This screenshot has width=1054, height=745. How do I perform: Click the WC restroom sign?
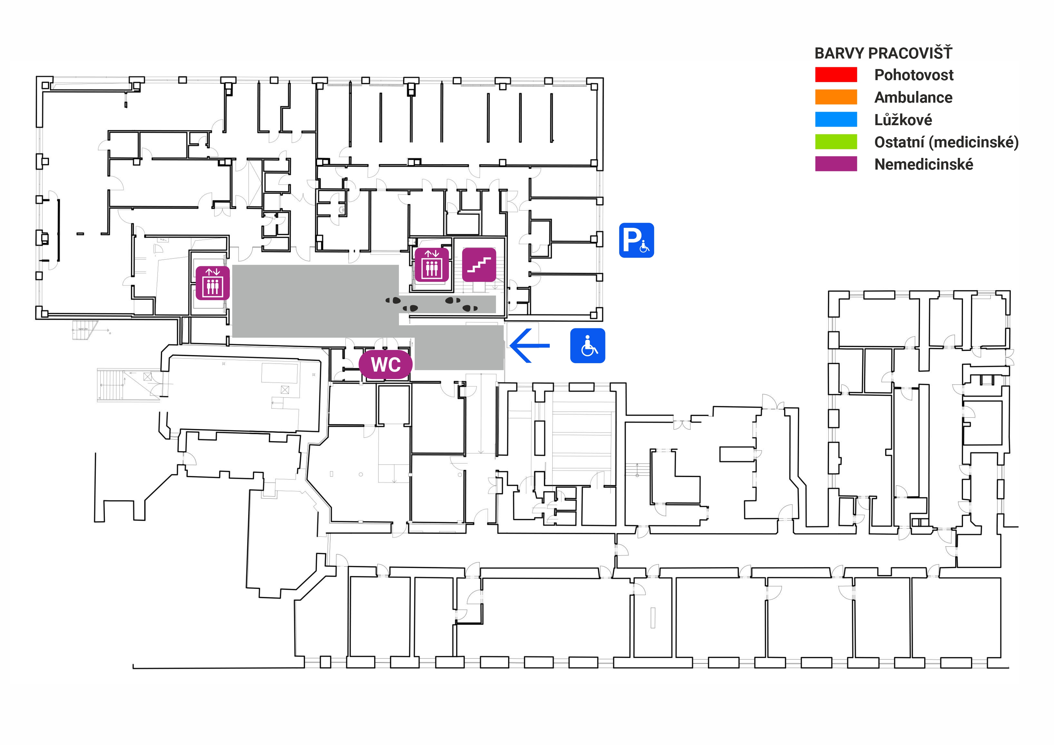pos(385,365)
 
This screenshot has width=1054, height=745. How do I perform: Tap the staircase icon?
pos(479,265)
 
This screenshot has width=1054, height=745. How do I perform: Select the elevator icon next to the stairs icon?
pos(431,265)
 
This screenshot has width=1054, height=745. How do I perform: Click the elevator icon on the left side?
pos(212,283)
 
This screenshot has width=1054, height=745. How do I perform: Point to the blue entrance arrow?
pos(529,345)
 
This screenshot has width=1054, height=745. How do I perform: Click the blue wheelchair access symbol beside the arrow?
pos(588,345)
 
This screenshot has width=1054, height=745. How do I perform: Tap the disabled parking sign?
pos(636,240)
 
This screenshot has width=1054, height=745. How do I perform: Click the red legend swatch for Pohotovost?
pos(836,75)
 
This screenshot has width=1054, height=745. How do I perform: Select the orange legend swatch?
pos(836,97)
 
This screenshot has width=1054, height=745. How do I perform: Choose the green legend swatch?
pos(836,142)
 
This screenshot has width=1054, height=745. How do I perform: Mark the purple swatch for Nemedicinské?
pos(836,164)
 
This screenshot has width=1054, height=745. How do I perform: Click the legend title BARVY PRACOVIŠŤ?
pos(883,53)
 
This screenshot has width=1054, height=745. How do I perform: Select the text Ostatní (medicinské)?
pos(946,142)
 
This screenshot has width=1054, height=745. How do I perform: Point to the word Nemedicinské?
pos(924,164)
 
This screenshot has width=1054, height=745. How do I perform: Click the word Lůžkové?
pos(903,120)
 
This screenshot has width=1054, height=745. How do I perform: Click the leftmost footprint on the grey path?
pos(393,300)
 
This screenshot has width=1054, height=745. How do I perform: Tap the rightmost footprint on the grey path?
pos(470,308)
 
